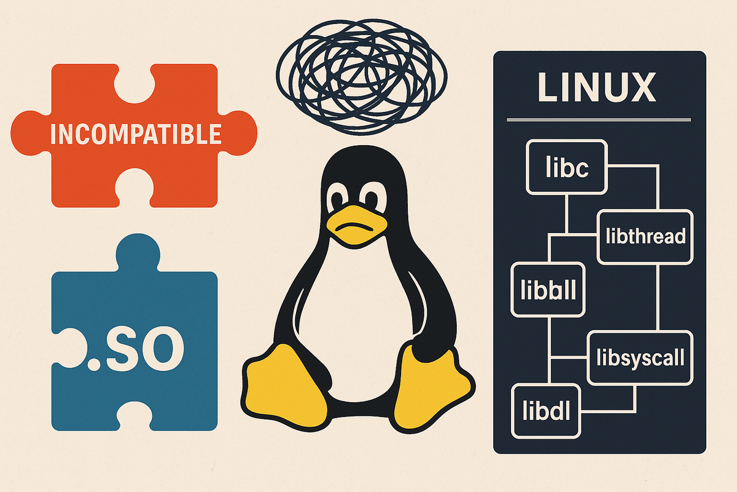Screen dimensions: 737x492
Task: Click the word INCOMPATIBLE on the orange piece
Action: pyautogui.click(x=135, y=133)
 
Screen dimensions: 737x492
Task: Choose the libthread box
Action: pyautogui.click(x=645, y=236)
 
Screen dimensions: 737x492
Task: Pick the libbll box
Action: pyautogui.click(x=548, y=290)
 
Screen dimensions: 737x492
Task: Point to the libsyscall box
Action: pyautogui.click(x=640, y=357)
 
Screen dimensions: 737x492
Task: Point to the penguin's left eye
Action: pyautogui.click(x=337, y=200)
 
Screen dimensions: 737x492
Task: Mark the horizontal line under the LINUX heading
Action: pyautogui.click(x=599, y=120)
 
